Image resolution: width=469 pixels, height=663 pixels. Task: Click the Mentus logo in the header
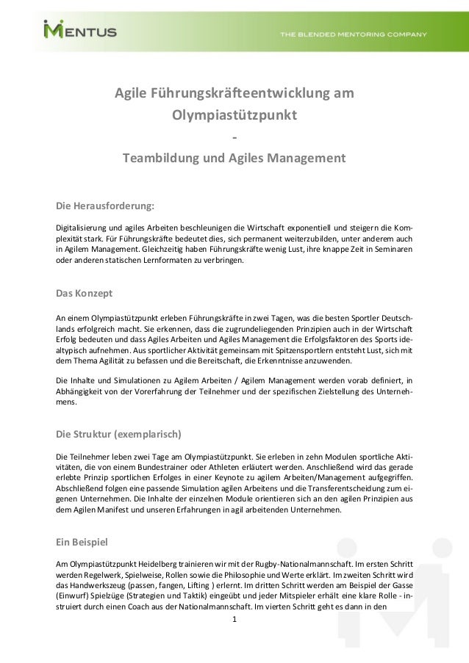pyautogui.click(x=80, y=31)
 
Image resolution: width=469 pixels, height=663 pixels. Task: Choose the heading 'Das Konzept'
pyautogui.click(x=85, y=294)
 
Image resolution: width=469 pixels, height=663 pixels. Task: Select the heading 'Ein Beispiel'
pyautogui.click(x=82, y=543)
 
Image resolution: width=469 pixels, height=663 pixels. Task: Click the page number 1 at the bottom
pyautogui.click(x=234, y=620)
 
